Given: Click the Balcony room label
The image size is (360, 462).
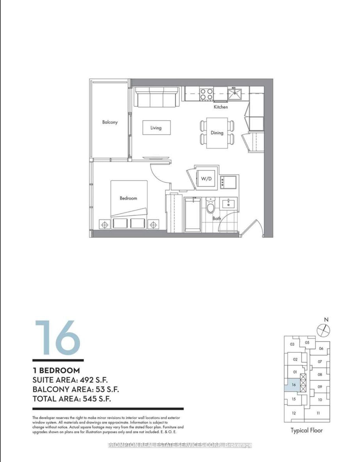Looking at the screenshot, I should [110, 122].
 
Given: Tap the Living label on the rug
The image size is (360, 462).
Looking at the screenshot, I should [156, 128].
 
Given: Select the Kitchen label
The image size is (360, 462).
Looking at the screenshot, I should [221, 107].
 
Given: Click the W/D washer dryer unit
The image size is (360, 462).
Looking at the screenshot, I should [206, 179].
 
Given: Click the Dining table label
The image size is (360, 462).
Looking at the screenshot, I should [217, 133].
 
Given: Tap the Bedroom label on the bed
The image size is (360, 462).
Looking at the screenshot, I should [128, 198].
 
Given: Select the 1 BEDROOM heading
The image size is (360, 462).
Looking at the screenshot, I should [56, 370].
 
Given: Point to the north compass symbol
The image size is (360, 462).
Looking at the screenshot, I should [324, 330].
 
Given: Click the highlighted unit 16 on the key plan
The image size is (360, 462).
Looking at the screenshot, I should [294, 385].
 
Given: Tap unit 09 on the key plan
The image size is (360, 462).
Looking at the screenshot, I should [320, 387].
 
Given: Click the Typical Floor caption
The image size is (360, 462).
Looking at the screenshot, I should [307, 431].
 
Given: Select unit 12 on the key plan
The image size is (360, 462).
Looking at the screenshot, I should [294, 413].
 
